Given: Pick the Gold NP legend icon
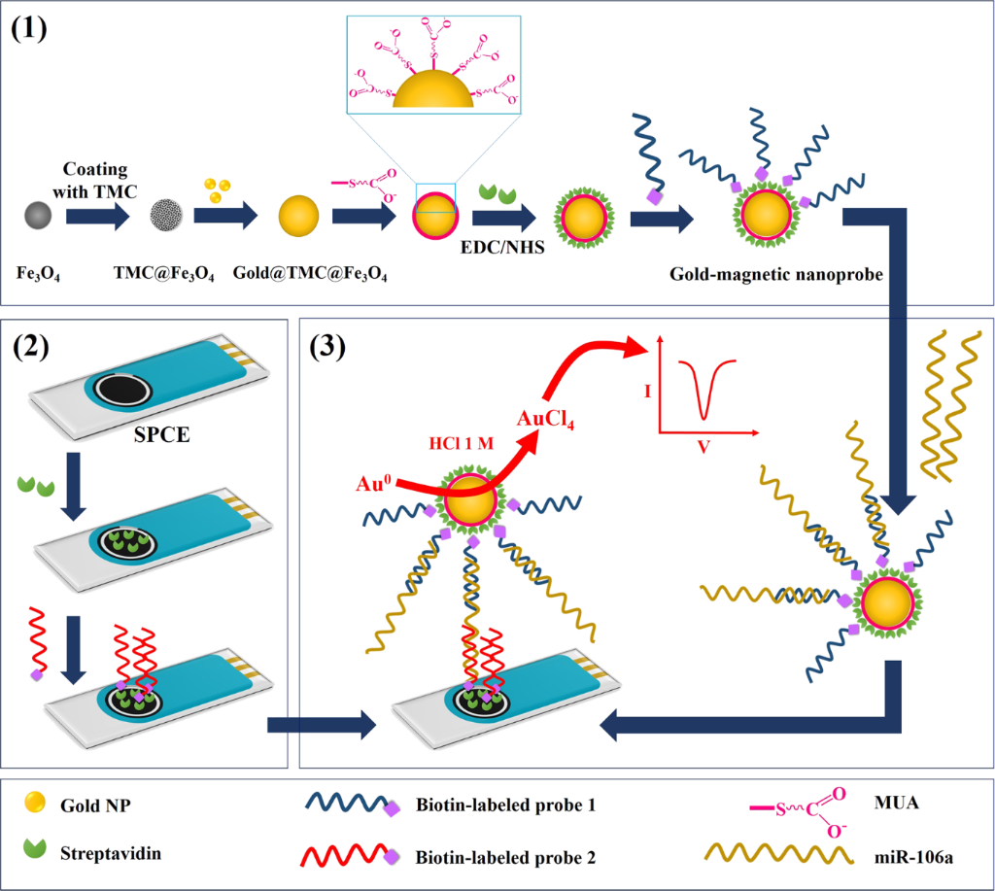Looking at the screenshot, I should point(34,804).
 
